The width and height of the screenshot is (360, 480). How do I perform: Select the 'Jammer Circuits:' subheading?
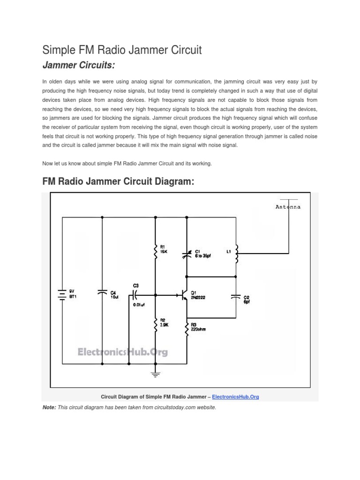(79, 64)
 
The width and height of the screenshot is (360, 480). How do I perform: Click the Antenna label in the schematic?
(288, 206)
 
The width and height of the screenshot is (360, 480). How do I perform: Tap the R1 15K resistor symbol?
(156, 252)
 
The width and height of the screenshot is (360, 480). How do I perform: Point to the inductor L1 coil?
(236, 254)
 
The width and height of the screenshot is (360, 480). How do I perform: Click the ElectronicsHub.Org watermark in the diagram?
(122, 352)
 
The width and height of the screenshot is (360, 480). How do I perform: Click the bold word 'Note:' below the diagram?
(49, 407)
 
